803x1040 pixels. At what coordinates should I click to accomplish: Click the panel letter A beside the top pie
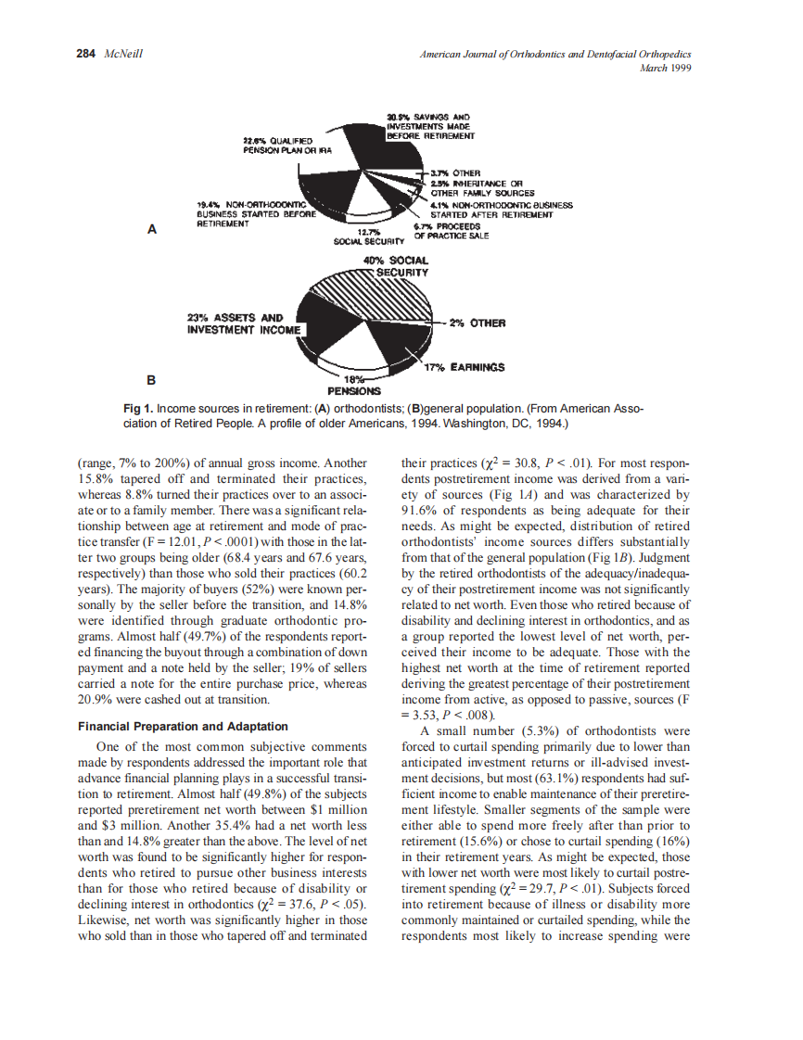coord(152,230)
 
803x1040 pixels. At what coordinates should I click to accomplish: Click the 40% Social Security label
coord(400,266)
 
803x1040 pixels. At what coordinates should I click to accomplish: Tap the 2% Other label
coord(477,323)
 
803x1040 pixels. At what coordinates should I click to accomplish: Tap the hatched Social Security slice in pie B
coord(389,297)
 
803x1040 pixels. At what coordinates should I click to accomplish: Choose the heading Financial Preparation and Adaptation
coord(183,726)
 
